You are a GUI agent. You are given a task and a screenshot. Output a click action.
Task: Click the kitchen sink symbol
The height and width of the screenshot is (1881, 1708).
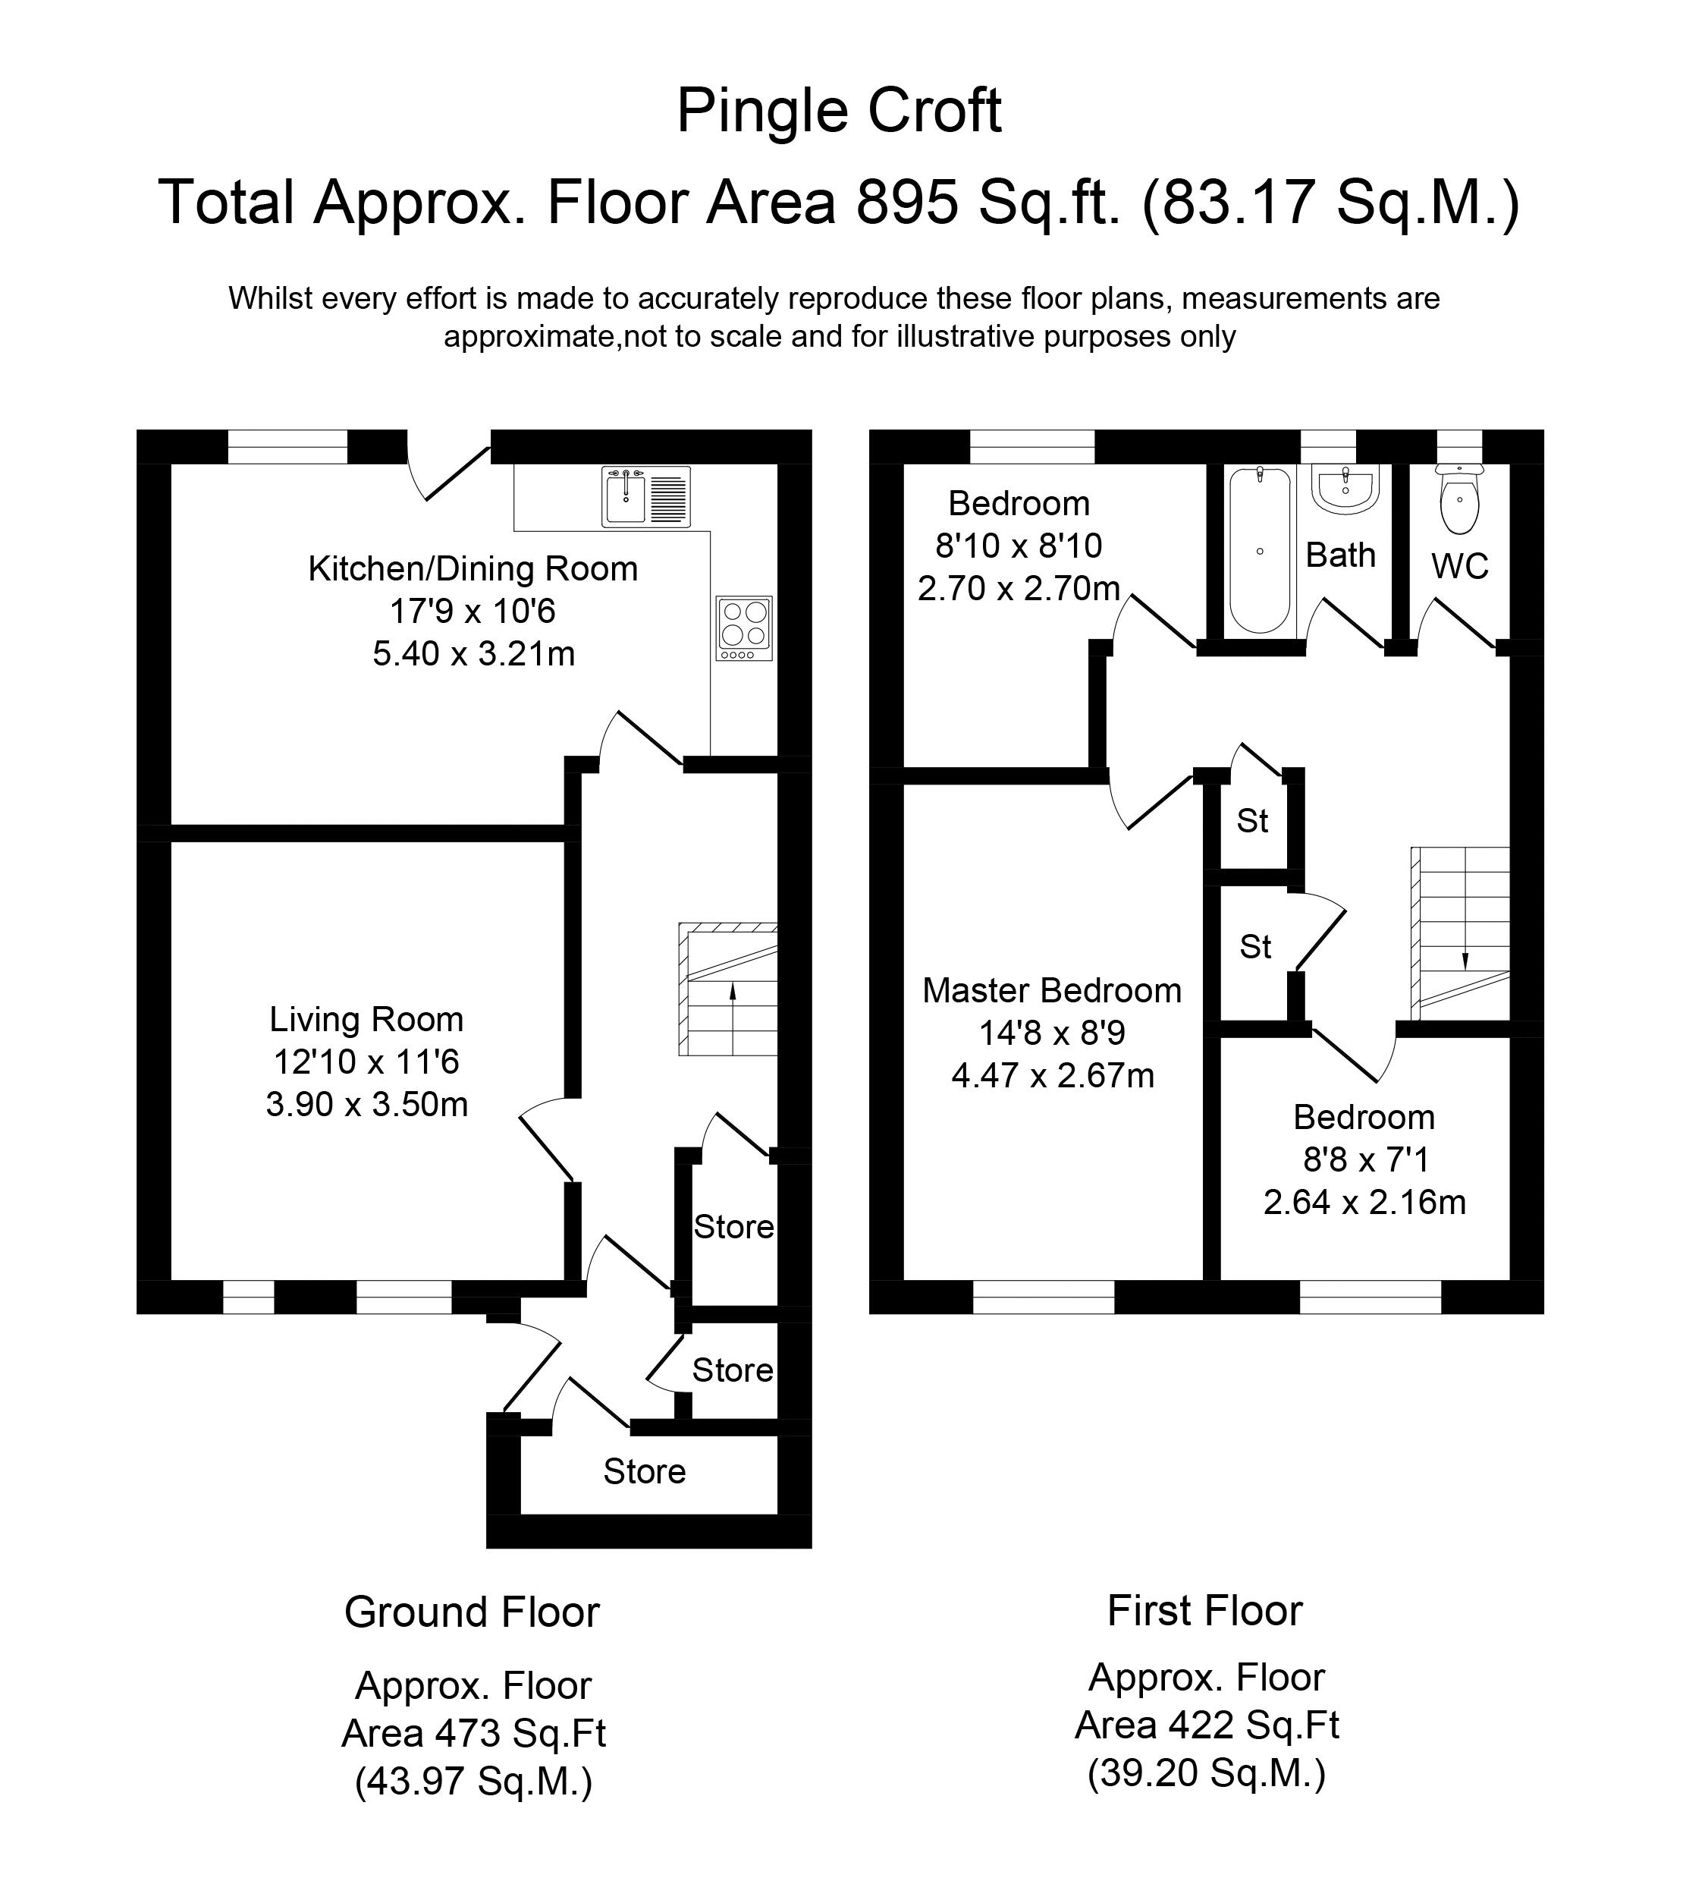coord(645,495)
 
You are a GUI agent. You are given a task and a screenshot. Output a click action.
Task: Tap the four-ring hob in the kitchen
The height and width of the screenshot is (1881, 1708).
coord(744,628)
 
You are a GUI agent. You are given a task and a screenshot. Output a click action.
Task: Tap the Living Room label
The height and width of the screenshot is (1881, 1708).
coord(366,1019)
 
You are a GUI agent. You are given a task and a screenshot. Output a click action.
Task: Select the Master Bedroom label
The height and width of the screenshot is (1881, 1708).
coord(1052,990)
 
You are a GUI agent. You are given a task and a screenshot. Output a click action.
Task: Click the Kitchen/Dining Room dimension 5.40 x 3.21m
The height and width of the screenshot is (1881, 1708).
coord(474,654)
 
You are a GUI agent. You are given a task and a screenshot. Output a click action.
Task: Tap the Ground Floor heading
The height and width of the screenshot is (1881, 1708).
coord(472,1612)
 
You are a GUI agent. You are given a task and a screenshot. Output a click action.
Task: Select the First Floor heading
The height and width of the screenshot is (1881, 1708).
coord(1204,1610)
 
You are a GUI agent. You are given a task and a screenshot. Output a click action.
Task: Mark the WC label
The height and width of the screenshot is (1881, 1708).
coord(1460,565)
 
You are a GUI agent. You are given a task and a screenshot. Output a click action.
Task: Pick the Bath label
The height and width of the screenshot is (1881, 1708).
coord(1340,555)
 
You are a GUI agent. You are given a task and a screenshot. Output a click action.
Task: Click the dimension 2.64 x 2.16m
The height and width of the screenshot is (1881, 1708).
coord(1364,1202)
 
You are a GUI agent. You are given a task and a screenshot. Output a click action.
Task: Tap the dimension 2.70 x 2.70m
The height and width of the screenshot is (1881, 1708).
coord(1019,589)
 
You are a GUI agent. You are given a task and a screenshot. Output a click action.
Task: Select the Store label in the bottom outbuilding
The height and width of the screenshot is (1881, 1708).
coord(645,1471)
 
